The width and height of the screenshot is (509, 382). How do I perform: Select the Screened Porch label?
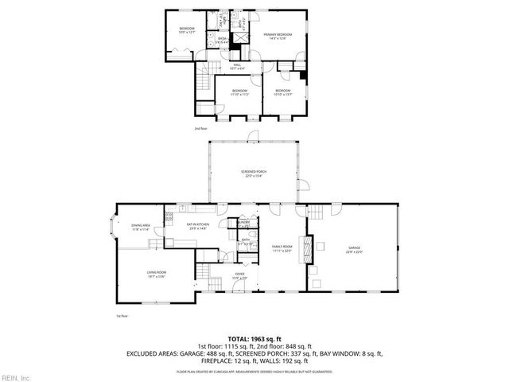click(254, 173)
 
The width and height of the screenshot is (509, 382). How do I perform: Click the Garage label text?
click(354, 249)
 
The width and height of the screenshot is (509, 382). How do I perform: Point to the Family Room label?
click(282, 248)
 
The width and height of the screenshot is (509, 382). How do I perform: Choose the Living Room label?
click(155, 275)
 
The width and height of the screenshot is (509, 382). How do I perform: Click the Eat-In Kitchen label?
click(198, 226)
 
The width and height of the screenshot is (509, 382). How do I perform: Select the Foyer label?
click(239, 275)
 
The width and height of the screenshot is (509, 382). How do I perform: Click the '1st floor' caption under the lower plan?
click(122, 315)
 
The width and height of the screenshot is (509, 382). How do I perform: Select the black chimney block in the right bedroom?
click(302, 76)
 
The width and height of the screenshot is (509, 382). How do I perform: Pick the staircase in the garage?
click(316, 212)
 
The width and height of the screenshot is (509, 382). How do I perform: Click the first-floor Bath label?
click(246, 241)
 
